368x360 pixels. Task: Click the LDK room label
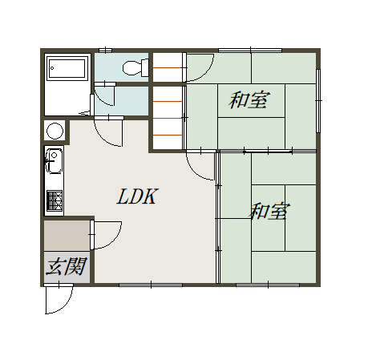click(137, 196)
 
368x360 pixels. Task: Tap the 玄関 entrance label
click(67, 266)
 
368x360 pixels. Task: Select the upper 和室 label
click(249, 100)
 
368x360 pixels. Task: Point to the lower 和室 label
click(269, 211)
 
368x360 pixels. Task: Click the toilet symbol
click(135, 67)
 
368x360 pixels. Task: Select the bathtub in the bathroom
click(67, 68)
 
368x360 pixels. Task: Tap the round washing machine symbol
click(55, 131)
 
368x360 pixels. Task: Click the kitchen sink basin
click(55, 160)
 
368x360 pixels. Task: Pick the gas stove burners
click(55, 200)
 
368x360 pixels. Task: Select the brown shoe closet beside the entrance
click(67, 236)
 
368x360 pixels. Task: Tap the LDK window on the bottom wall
click(151, 285)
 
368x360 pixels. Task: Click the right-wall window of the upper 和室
click(318, 101)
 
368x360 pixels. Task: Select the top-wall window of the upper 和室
click(250, 51)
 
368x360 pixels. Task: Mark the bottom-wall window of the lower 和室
click(268, 285)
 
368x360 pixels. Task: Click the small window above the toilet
click(105, 51)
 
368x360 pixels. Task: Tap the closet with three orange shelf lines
click(168, 118)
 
